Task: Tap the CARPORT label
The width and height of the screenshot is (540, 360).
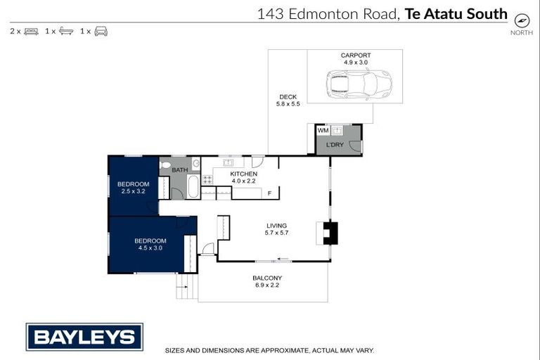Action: coord(356,55)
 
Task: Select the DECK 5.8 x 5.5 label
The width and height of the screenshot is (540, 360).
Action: coord(288,101)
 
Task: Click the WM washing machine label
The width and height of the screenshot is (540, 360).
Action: coord(323,130)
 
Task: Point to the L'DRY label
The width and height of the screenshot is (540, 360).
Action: coord(335,145)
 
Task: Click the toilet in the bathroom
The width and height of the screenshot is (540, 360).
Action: coord(165,165)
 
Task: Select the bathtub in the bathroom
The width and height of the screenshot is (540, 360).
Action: coord(193,186)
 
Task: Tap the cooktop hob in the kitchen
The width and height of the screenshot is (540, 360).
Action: coord(207,179)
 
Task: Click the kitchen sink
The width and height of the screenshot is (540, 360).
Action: coord(229,162)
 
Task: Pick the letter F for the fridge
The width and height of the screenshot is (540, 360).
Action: coord(269,193)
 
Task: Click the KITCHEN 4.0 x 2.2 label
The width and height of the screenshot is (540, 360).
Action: coord(243,177)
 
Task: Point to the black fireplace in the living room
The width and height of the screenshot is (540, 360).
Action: coord(330,233)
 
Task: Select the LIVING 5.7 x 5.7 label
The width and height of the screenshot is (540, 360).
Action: coord(276,229)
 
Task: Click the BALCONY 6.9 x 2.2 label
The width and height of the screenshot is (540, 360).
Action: coord(267,281)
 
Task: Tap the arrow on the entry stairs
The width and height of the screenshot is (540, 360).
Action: coord(183,287)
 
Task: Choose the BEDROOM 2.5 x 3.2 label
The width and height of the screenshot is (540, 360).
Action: coord(134,188)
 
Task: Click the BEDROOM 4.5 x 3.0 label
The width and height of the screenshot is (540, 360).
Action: coord(150,244)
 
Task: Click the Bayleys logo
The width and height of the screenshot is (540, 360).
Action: coord(84,337)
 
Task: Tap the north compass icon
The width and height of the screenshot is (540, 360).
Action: coord(522,21)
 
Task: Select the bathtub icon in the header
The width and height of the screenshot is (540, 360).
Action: coord(66,31)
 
